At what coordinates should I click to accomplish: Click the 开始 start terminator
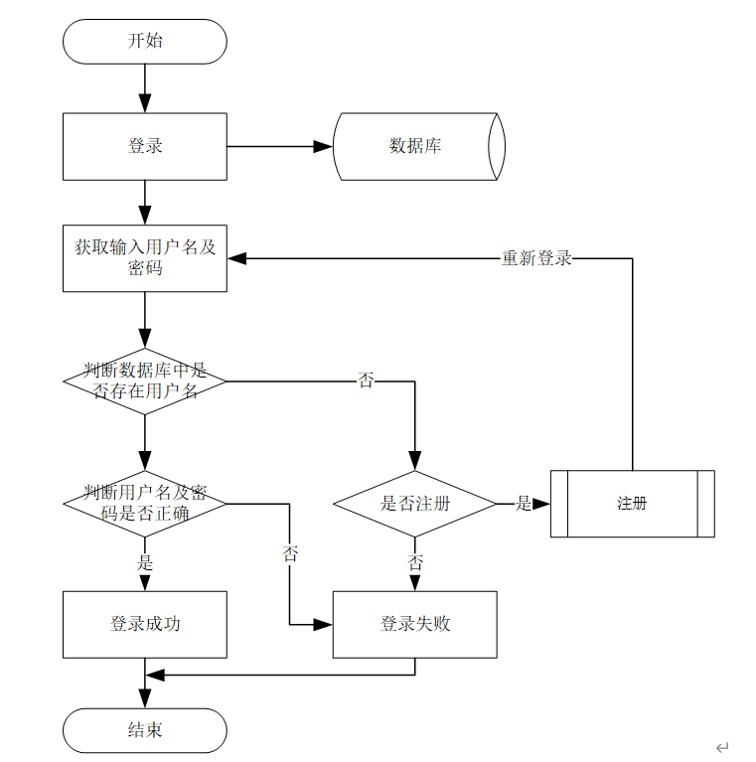tap(145, 42)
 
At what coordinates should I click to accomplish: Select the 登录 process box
tap(145, 147)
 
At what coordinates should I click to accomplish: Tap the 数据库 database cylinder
tap(419, 147)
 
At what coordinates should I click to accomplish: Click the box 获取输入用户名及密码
tap(145, 258)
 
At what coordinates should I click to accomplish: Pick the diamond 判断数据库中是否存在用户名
tap(145, 381)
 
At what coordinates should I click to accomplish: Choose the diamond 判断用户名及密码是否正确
tap(145, 504)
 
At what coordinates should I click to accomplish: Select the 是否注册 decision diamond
tap(415, 504)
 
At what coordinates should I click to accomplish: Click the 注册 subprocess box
tap(633, 504)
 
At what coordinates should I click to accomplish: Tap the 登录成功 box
tap(145, 625)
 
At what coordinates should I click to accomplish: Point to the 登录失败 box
tap(415, 625)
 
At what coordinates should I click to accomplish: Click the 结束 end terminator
tap(145, 730)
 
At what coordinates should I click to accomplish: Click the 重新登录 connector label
tap(536, 258)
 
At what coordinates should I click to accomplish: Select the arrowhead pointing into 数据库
tap(323, 147)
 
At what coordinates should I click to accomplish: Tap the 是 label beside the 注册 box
tap(524, 504)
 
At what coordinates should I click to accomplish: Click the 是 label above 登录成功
tap(145, 562)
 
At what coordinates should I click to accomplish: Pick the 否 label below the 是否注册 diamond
tap(415, 562)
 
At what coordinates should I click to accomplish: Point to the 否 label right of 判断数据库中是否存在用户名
tap(366, 381)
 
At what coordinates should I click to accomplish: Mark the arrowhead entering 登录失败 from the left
tap(323, 625)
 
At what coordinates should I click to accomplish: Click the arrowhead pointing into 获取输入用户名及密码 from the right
tap(236, 258)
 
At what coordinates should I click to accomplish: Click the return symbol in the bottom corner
tap(722, 747)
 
